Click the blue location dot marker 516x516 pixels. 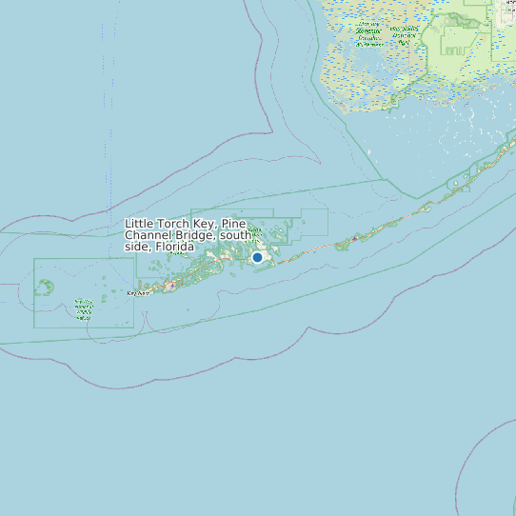coord(257,257)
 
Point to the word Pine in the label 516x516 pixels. coord(233,224)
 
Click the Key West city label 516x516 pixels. coord(138,293)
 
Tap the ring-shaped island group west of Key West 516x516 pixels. coord(45,286)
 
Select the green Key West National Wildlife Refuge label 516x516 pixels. coord(84,308)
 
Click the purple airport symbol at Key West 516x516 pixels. coord(170,284)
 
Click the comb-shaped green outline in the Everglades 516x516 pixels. coord(453,43)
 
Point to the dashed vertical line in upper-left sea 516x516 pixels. coord(103,95)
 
